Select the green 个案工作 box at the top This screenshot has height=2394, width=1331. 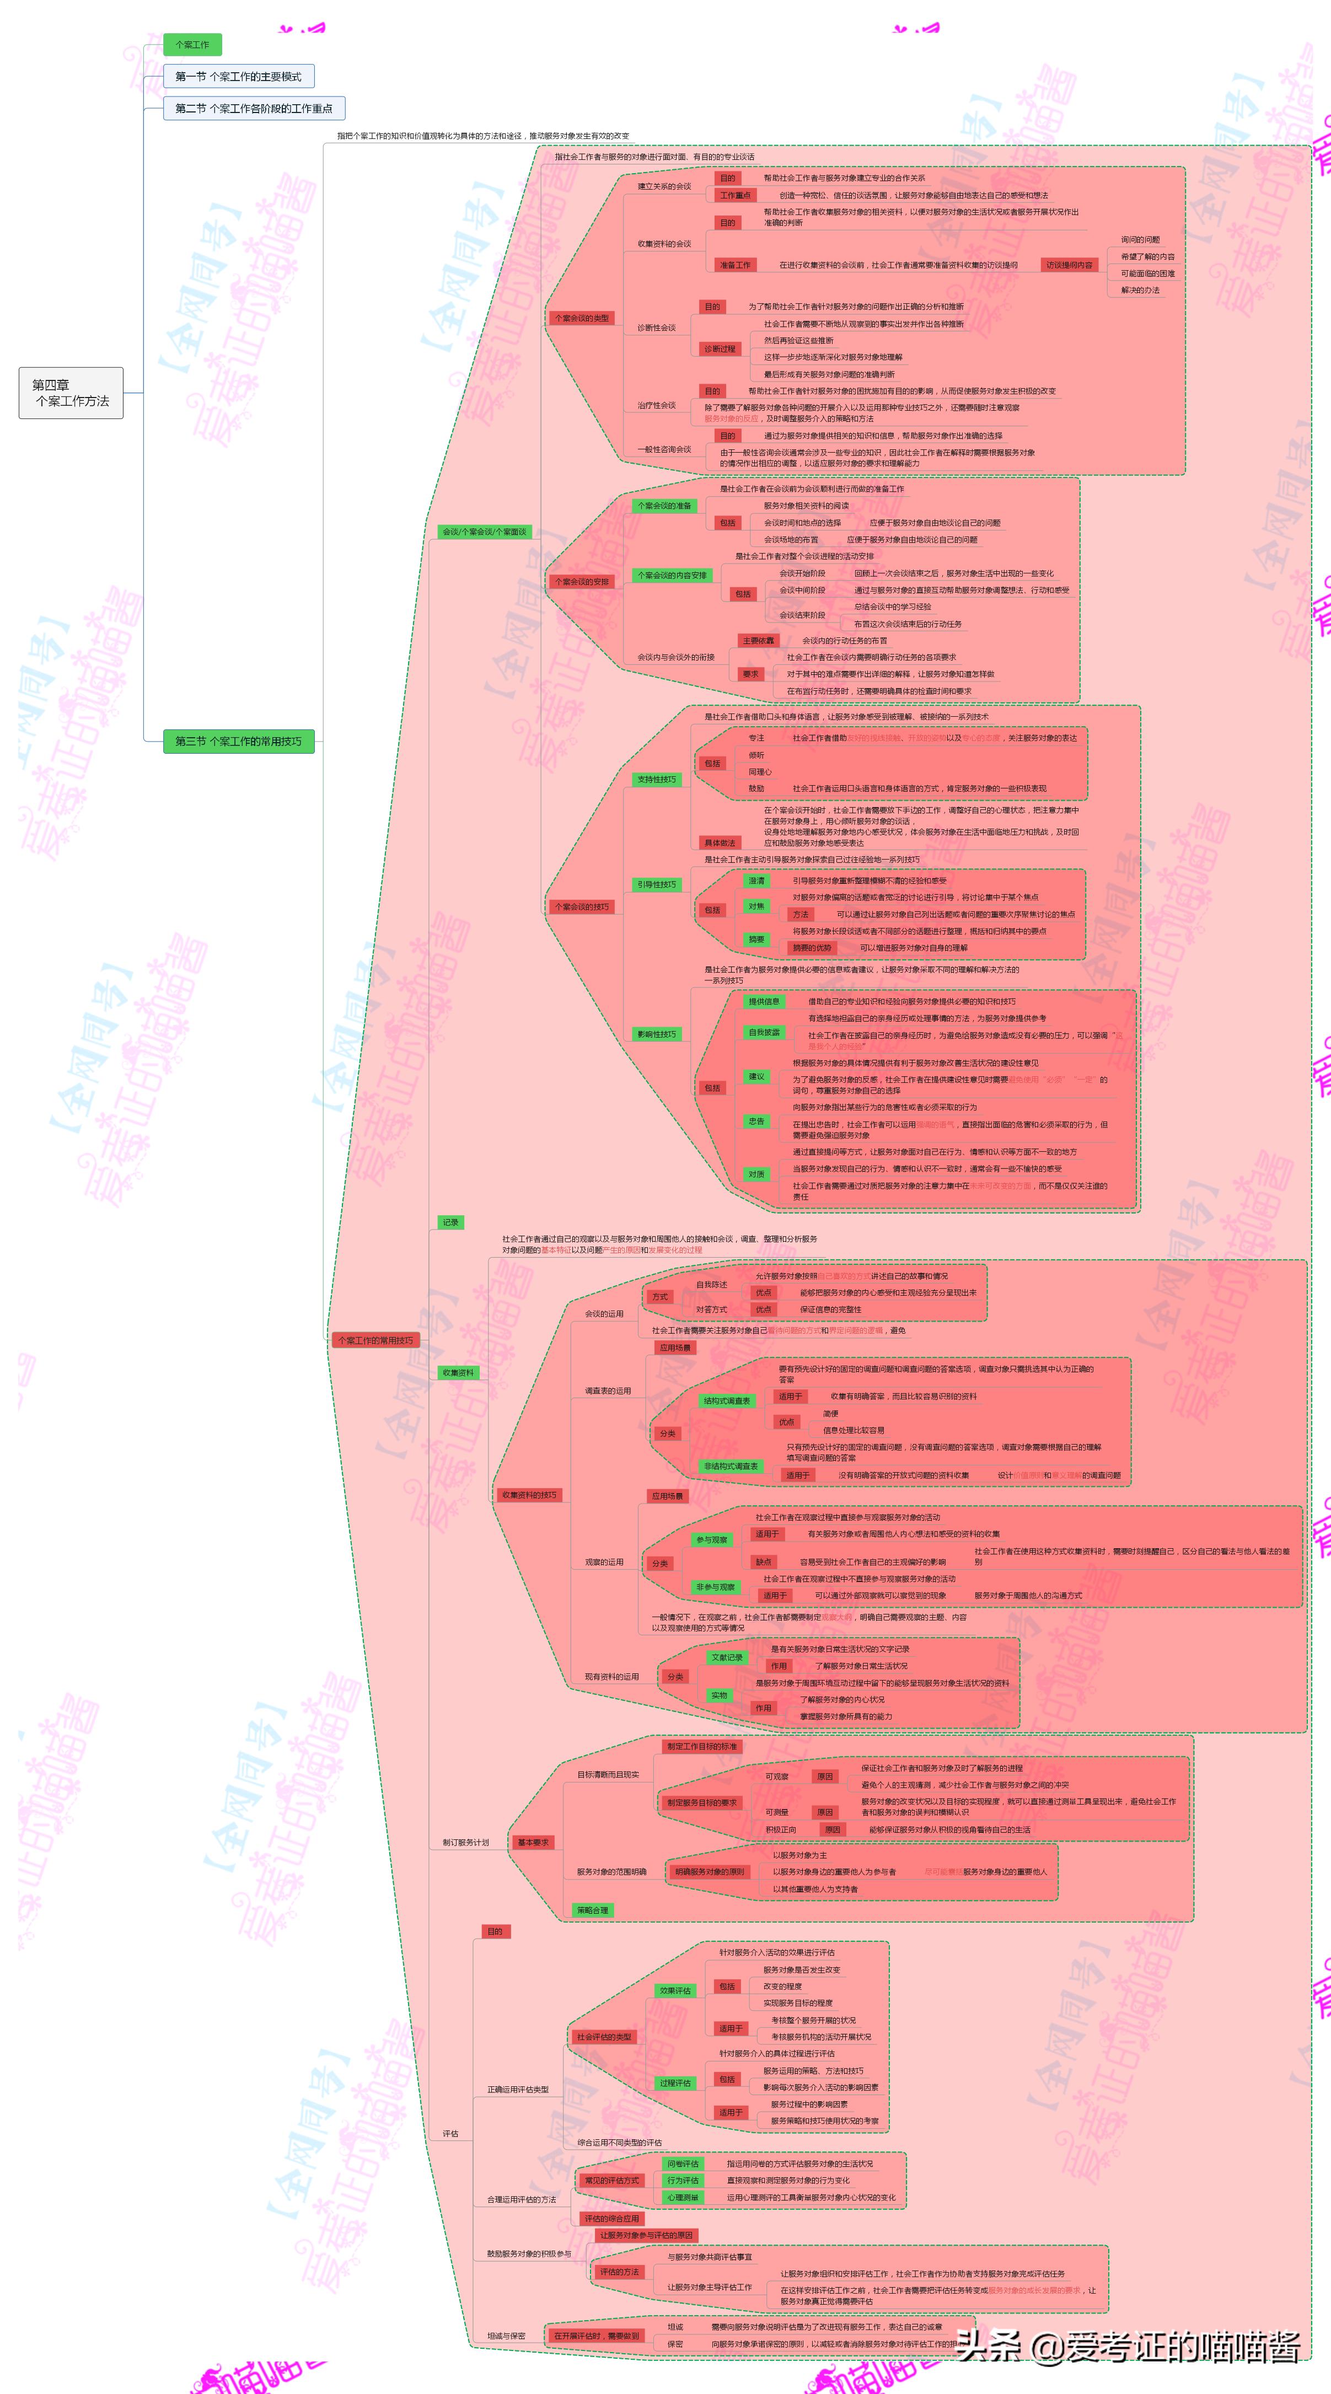pyautogui.click(x=192, y=45)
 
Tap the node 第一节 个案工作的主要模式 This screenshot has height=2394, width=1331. pyautogui.click(x=238, y=76)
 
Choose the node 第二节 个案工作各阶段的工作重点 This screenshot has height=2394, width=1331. pyautogui.click(x=254, y=108)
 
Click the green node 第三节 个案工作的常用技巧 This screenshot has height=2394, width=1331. pyautogui.click(x=238, y=740)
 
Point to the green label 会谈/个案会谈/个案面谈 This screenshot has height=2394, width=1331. pyautogui.click(x=484, y=532)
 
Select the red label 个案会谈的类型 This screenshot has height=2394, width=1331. pyautogui.click(x=581, y=318)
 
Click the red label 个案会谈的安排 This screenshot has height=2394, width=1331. pyautogui.click(x=581, y=582)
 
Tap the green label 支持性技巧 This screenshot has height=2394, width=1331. pyautogui.click(x=656, y=780)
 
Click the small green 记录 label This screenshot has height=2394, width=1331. pyautogui.click(x=450, y=1222)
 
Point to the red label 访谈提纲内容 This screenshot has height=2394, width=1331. pyautogui.click(x=1069, y=265)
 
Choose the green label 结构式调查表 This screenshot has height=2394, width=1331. pyautogui.click(x=726, y=1400)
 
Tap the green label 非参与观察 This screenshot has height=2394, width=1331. pyautogui.click(x=715, y=1587)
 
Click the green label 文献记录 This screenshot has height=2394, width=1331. pyautogui.click(x=726, y=1657)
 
